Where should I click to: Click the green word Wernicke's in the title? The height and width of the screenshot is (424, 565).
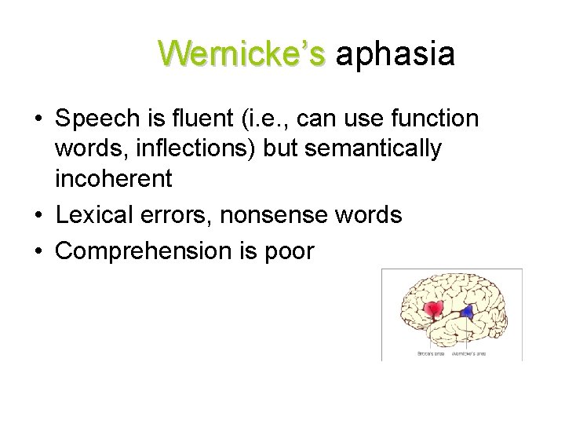click(241, 54)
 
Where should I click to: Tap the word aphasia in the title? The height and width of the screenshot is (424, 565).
click(395, 54)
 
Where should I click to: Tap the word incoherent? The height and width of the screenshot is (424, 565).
click(113, 178)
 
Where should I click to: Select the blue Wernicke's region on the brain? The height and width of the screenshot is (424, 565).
click(468, 312)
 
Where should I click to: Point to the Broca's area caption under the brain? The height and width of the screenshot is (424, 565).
click(430, 353)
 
